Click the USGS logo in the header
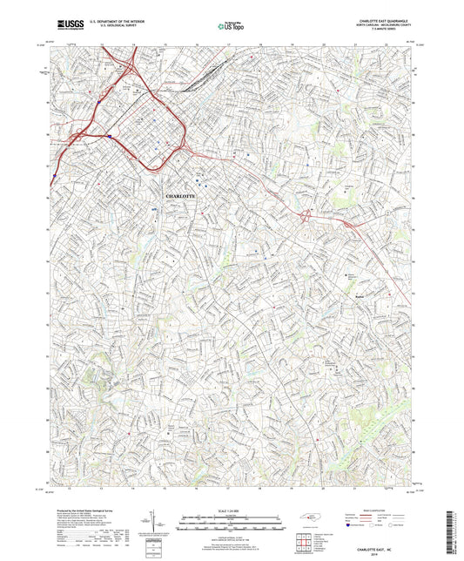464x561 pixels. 63,27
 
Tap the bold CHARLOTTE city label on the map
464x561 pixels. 181,197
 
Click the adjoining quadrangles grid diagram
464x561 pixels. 303,541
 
